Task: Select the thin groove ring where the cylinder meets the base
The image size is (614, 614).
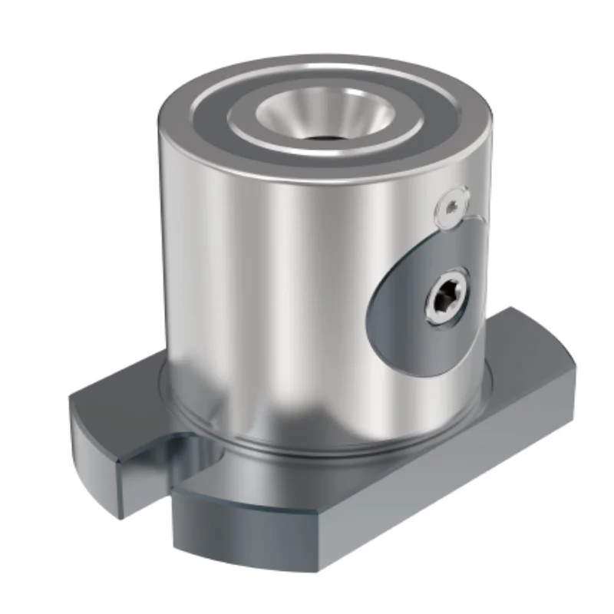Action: coord(322,453)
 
